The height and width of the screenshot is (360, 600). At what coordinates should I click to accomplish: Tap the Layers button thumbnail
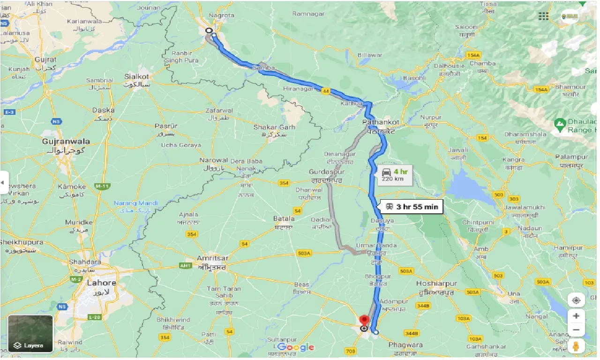pos(30,333)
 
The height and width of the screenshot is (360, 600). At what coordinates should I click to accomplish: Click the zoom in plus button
pos(576,315)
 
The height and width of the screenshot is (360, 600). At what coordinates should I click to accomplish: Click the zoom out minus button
pos(576,330)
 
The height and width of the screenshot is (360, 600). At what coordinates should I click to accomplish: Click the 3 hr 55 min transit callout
pos(412,206)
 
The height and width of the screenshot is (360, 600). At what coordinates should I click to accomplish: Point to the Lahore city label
pos(102,283)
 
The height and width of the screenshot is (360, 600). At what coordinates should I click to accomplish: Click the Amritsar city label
pos(213,259)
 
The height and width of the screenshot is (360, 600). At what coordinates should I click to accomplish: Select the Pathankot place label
pos(381,122)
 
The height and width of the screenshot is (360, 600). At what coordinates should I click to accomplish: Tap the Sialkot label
pos(136,76)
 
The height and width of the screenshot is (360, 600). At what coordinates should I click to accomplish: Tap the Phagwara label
pos(406,345)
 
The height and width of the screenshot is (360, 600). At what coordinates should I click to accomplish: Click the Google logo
pos(295,347)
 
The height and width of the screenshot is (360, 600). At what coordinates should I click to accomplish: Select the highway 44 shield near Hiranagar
pos(325,92)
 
